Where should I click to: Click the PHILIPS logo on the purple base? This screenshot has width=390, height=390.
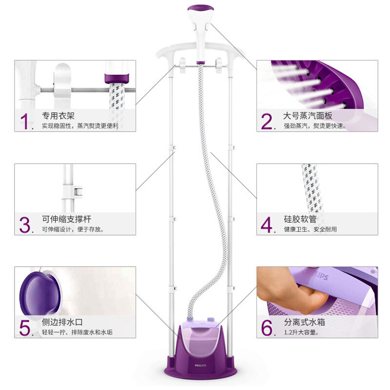point(200,365)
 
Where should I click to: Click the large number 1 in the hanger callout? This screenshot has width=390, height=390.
point(25,121)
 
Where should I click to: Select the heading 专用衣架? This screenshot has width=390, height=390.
point(58,116)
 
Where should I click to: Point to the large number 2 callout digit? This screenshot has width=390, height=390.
point(267,121)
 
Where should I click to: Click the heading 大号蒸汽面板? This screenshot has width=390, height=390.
point(308,116)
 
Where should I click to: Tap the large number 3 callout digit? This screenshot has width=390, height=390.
point(25,225)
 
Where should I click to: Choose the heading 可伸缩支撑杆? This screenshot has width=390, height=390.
point(66,219)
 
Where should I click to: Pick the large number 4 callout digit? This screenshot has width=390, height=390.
point(267,225)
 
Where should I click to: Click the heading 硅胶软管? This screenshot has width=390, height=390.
point(300,219)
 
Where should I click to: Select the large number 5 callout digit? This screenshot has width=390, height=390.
point(25,328)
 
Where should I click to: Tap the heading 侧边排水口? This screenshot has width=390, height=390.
point(62,322)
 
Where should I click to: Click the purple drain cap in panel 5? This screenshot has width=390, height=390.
point(40,294)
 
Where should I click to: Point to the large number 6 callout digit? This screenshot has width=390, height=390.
point(267,328)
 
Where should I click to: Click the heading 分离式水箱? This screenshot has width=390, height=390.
point(304,322)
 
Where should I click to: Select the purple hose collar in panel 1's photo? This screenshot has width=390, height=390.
point(117,78)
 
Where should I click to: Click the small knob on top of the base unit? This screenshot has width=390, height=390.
point(211,319)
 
